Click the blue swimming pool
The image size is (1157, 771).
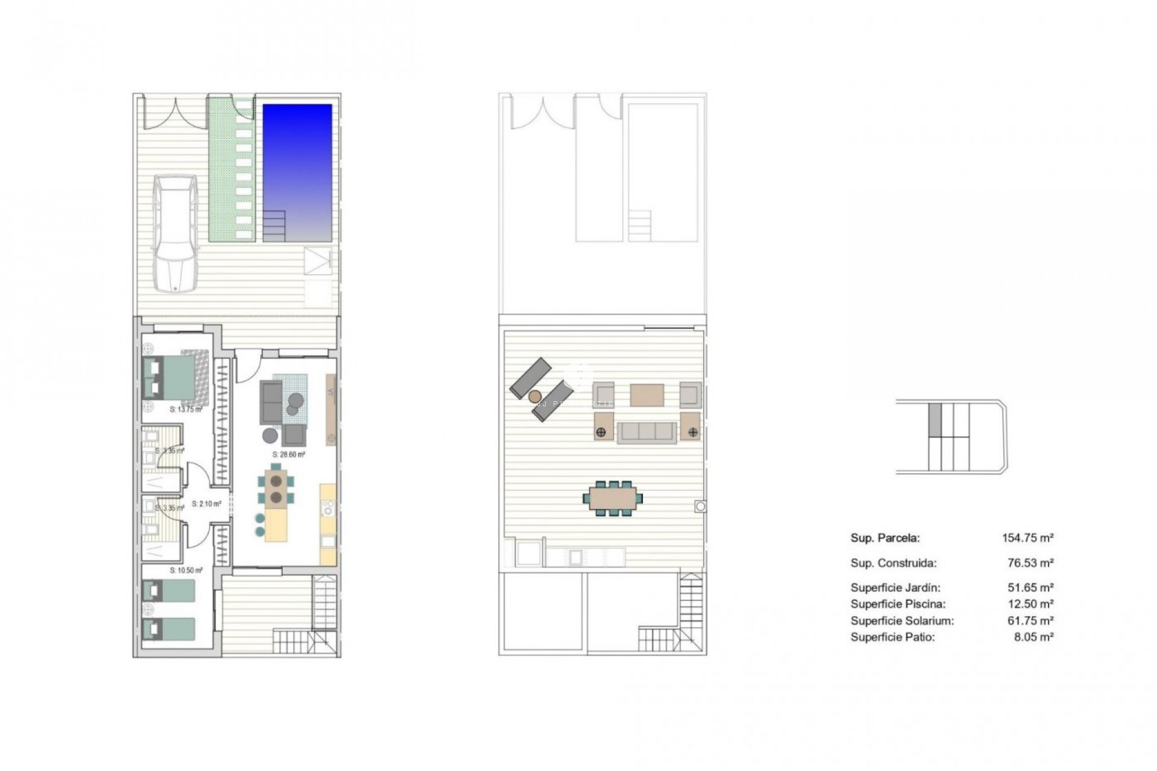tap(297, 172)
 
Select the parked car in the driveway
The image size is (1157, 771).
tap(174, 233)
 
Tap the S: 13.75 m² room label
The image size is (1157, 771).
tap(186, 410)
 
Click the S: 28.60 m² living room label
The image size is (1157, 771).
tap(289, 455)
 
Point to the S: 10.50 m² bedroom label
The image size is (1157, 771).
tap(186, 570)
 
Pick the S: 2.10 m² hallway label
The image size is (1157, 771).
tap(206, 504)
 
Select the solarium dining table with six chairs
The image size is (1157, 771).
tap(612, 498)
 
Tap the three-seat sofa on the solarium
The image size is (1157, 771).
tap(647, 432)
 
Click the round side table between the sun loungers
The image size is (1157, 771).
tap(535, 396)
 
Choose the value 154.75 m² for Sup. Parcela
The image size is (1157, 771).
tap(1027, 538)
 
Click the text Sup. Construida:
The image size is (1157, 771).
tap(893, 563)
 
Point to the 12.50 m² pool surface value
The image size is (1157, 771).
tap(1033, 604)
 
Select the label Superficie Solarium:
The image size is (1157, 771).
tap(902, 620)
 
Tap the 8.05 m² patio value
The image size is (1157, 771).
tap(1033, 637)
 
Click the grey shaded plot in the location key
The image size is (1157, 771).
tap(935, 419)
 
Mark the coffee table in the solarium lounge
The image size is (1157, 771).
tap(647, 395)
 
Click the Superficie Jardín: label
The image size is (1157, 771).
tap(895, 587)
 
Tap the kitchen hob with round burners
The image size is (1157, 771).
tap(328, 507)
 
